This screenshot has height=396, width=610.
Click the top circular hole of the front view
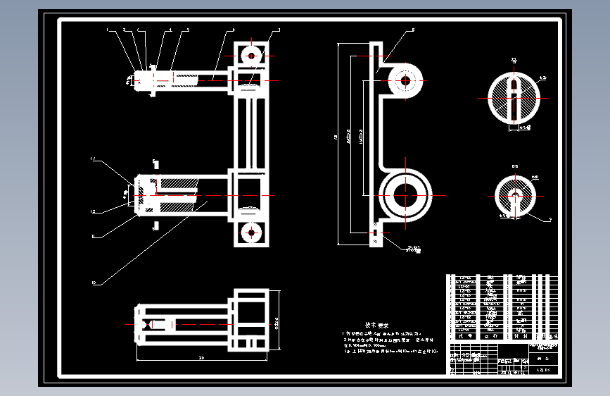click(250, 54)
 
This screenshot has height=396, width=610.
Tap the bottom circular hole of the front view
click(250, 231)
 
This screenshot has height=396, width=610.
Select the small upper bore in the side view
click(405, 81)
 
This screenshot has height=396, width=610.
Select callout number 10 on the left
click(93, 284)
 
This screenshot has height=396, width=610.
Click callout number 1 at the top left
click(108, 30)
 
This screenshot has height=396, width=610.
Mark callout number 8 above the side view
click(413, 30)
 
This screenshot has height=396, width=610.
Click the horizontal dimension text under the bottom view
click(201, 359)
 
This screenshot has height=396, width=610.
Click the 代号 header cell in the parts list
click(465, 337)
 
